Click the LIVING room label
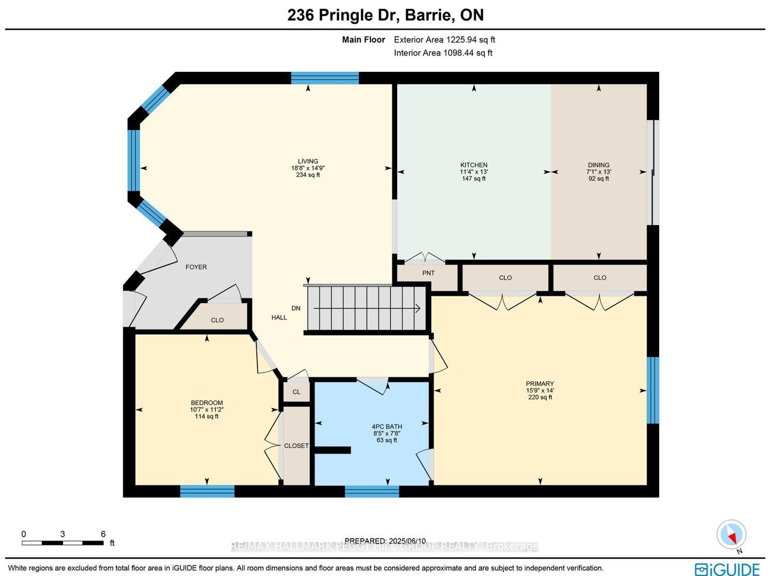point(308,161)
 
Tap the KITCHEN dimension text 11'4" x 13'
point(474,172)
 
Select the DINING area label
point(598,165)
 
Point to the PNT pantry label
point(428,273)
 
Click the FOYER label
point(196,267)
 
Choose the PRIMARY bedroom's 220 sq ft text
point(540,397)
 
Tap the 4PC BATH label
point(387,426)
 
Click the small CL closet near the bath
point(297,392)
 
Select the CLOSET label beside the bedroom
point(296,446)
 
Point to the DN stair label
point(296,308)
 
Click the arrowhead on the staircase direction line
point(418,308)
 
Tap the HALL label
point(279,317)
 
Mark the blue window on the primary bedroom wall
point(653,390)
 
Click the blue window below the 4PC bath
point(372,491)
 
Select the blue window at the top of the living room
point(325,78)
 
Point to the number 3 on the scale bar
point(62,534)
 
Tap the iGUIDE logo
point(727,569)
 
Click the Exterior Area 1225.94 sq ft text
point(444,39)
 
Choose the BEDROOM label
point(207,402)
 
